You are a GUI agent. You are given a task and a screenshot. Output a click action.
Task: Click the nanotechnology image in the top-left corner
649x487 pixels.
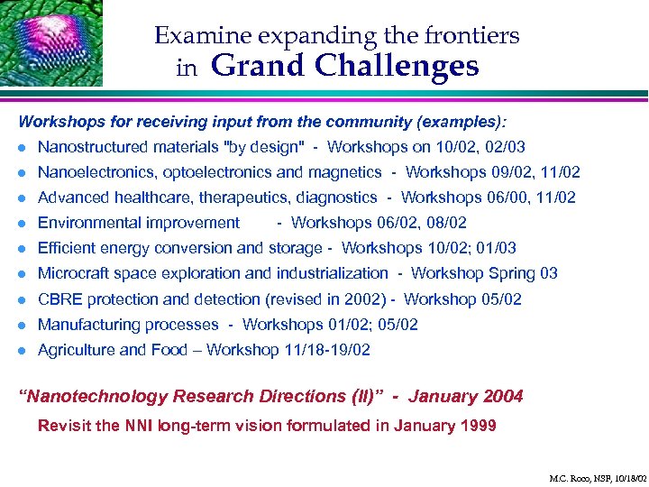click(50, 42)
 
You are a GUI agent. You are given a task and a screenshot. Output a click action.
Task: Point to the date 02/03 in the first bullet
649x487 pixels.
click(506, 147)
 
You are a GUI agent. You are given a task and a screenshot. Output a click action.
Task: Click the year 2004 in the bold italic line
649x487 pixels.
click(503, 396)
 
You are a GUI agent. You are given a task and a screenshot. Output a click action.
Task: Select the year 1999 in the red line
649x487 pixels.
click(476, 426)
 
